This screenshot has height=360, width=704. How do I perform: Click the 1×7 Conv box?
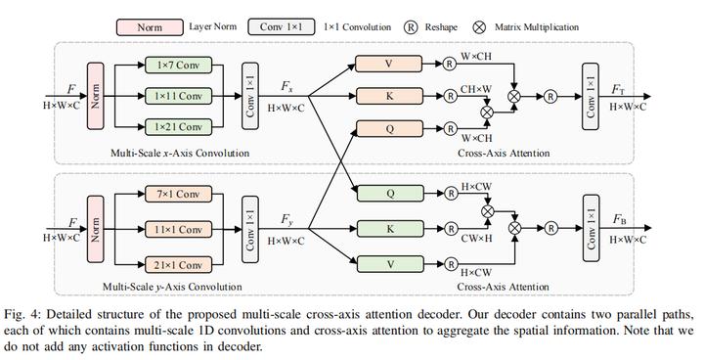pyautogui.click(x=177, y=65)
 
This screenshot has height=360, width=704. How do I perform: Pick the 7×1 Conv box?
pyautogui.click(x=177, y=196)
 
